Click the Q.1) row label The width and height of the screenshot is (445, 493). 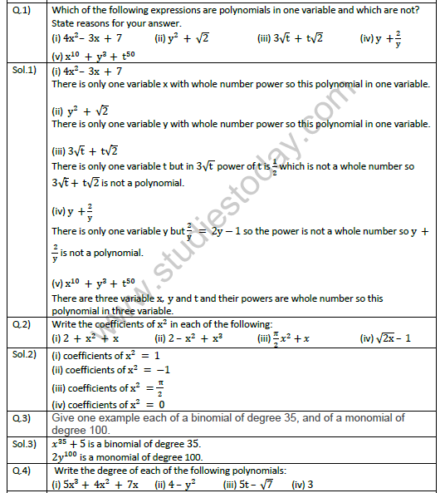pyautogui.click(x=17, y=10)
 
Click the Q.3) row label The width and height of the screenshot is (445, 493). pyautogui.click(x=17, y=417)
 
